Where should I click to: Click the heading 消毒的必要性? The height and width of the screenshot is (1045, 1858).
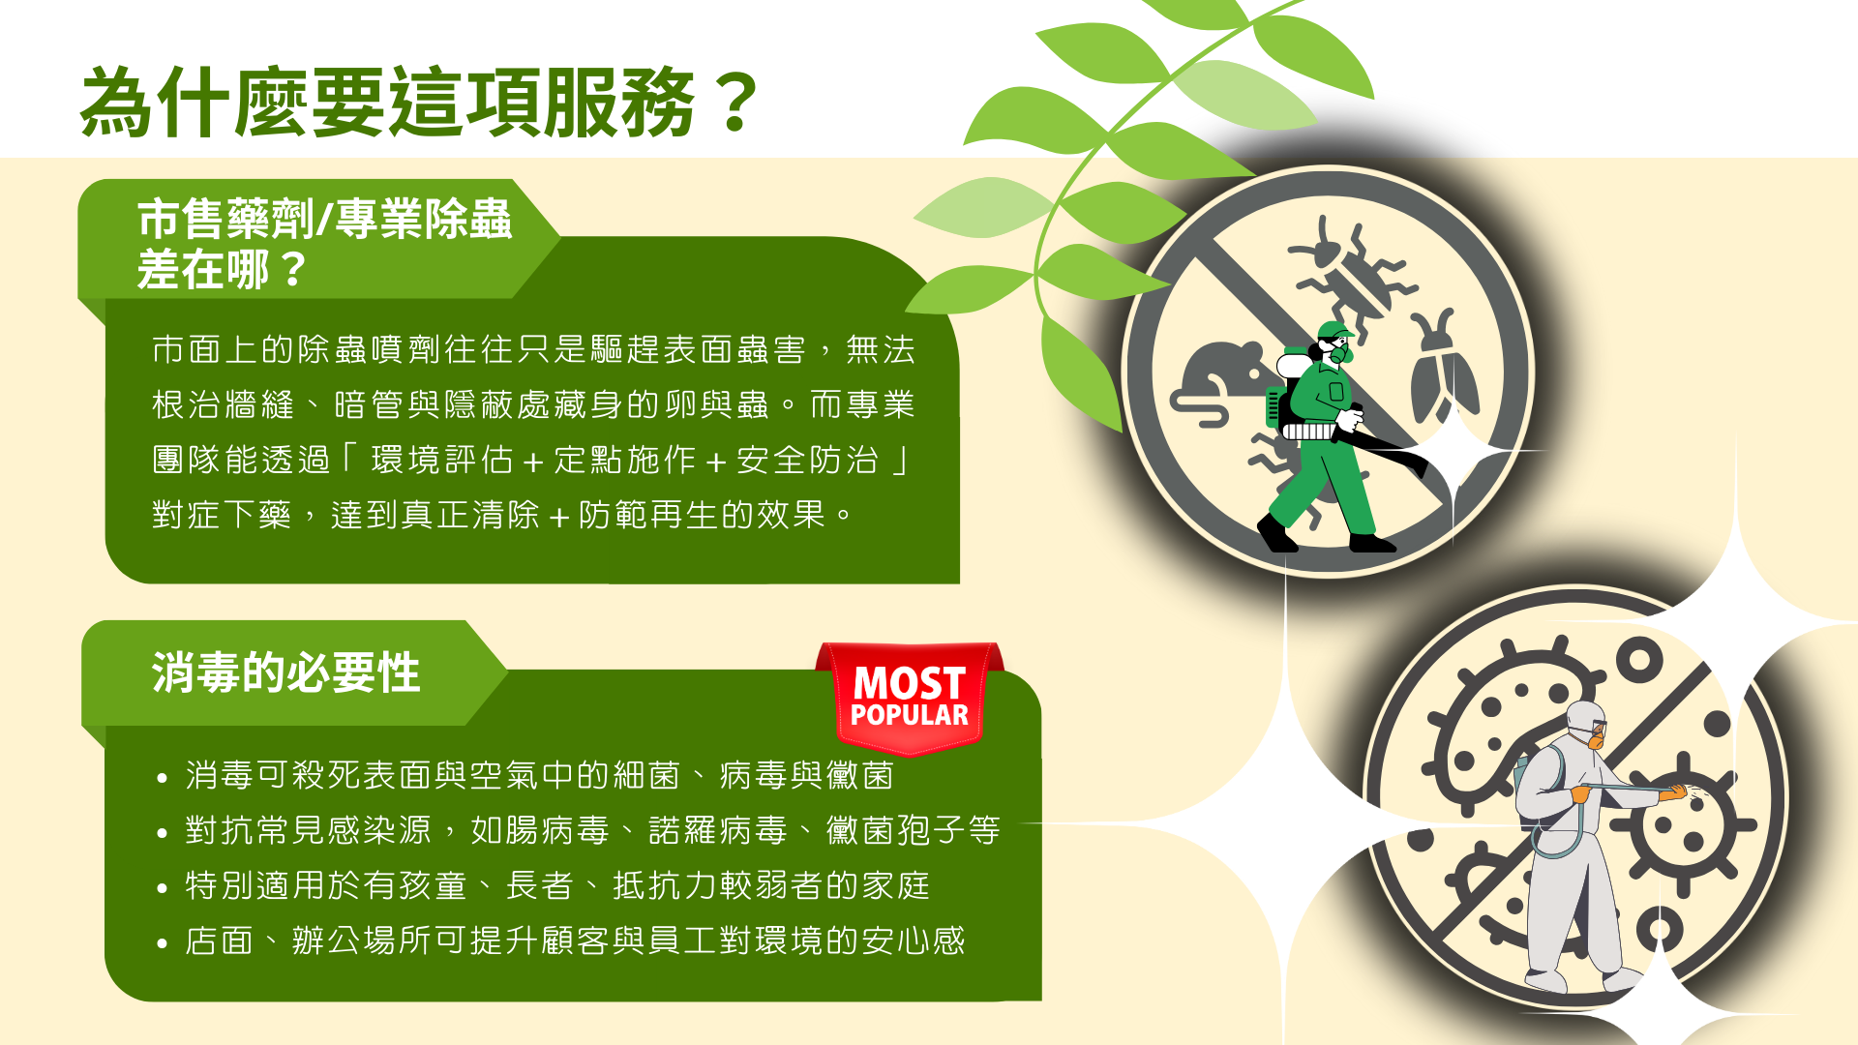point(285,672)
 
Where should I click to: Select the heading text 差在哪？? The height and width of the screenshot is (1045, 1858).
point(222,269)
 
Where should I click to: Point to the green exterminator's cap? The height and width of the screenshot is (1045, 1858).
point(1334,330)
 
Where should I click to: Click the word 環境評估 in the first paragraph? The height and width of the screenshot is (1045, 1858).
point(442,460)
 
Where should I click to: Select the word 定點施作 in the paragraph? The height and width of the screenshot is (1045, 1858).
point(625,460)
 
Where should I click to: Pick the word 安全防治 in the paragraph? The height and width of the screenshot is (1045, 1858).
point(808,460)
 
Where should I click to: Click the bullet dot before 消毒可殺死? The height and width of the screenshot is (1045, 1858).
point(162,777)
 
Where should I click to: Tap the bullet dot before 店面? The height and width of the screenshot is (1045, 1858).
point(162,942)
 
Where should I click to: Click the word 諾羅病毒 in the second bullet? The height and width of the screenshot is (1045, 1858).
point(718,830)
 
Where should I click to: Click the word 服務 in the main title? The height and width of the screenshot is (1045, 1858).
point(618,102)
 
